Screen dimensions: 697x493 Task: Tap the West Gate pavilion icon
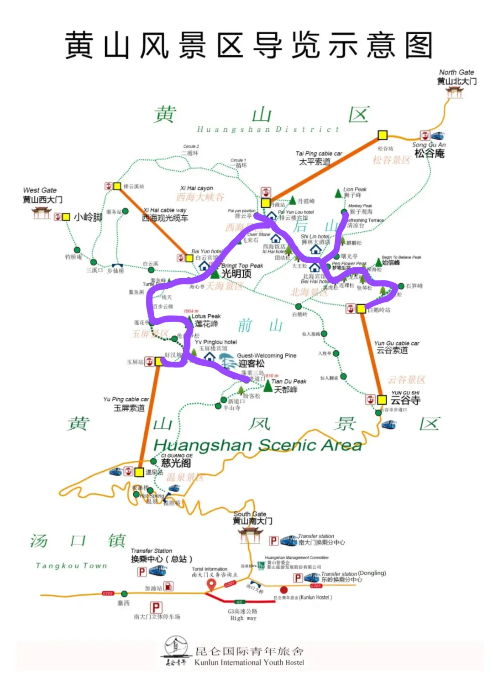pyautogui.click(x=41, y=213)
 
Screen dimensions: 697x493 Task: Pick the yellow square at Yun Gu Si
pyautogui.click(x=382, y=400)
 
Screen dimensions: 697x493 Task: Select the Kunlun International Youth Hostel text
pyautogui.click(x=249, y=662)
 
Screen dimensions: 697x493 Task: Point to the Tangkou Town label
pyautogui.click(x=72, y=566)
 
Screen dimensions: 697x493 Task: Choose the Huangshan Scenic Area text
pyautogui.click(x=257, y=445)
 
